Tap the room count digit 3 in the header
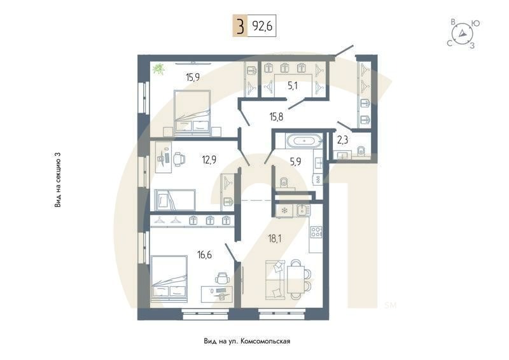[240, 27]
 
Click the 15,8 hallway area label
[276, 116]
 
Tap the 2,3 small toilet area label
[342, 140]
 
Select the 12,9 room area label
[209, 160]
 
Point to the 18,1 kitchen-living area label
[274, 240]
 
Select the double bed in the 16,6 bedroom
[170, 278]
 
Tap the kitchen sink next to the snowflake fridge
[302, 211]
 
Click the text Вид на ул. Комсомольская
[247, 342]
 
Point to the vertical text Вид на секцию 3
[58, 180]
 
